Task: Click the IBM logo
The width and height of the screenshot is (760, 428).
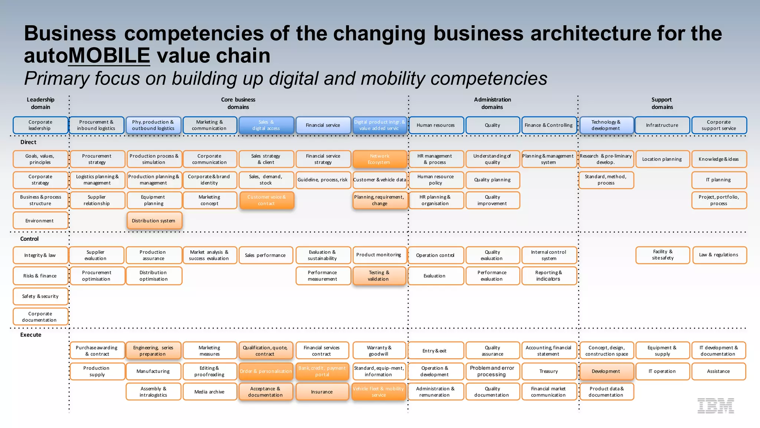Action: click(x=715, y=406)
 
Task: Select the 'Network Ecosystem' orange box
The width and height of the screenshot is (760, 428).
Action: click(x=379, y=159)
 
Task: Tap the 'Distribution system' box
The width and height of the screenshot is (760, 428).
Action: click(x=154, y=221)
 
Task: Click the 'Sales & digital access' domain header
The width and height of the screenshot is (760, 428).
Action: click(x=266, y=125)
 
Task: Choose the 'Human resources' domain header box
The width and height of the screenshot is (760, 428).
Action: click(x=436, y=125)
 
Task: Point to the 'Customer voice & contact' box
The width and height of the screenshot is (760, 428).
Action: click(x=266, y=200)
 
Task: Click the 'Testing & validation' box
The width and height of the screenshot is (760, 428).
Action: click(x=379, y=276)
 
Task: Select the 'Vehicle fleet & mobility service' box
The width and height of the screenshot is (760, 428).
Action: click(x=379, y=392)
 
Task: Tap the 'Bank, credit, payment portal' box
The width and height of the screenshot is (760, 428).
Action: click(x=322, y=371)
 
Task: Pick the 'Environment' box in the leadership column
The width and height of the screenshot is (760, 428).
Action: click(x=40, y=221)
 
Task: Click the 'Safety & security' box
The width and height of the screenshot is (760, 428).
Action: click(x=40, y=296)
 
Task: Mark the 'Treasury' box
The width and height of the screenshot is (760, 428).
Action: click(x=548, y=371)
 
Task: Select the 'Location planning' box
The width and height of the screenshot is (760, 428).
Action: click(x=662, y=159)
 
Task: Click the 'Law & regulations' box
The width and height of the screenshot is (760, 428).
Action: click(x=718, y=255)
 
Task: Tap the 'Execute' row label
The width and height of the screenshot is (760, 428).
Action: click(x=31, y=335)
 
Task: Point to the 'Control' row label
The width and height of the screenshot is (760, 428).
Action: click(x=29, y=239)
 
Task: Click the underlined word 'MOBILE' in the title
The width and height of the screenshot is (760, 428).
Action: click(x=109, y=56)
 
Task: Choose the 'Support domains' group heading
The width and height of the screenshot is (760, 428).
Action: click(x=662, y=103)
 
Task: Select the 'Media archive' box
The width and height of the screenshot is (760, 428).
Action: click(x=209, y=392)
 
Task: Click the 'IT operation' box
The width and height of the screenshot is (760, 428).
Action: click(x=662, y=371)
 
